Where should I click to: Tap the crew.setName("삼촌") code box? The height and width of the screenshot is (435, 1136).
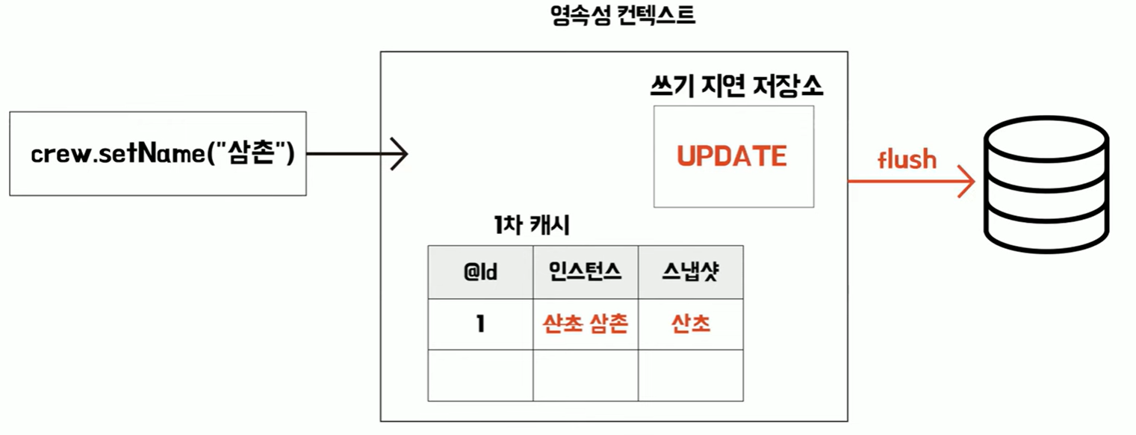pyautogui.click(x=158, y=154)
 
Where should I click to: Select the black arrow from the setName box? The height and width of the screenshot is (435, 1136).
pyautogui.click(x=357, y=155)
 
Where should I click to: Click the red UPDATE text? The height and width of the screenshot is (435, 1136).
pyautogui.click(x=732, y=156)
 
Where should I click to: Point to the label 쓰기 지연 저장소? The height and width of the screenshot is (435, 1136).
pyautogui.click(x=736, y=87)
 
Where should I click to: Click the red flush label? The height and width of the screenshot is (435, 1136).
pyautogui.click(x=907, y=158)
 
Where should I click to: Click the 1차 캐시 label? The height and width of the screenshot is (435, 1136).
pyautogui.click(x=528, y=225)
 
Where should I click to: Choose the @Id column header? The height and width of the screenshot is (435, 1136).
pyautogui.click(x=479, y=272)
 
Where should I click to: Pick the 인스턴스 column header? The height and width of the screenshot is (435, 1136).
pyautogui.click(x=585, y=272)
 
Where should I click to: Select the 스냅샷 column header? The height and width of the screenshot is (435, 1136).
pyautogui.click(x=690, y=272)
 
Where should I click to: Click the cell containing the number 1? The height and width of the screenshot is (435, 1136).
pyautogui.click(x=479, y=324)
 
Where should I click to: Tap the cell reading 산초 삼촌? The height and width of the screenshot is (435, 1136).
pyautogui.click(x=585, y=324)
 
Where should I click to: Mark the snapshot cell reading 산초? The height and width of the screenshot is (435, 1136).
pyautogui.click(x=690, y=324)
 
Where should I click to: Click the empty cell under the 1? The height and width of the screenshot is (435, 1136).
pyautogui.click(x=479, y=375)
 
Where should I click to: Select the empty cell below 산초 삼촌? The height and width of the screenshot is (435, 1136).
pyautogui.click(x=585, y=375)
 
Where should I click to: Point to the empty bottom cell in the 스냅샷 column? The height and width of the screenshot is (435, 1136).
pyautogui.click(x=690, y=375)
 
